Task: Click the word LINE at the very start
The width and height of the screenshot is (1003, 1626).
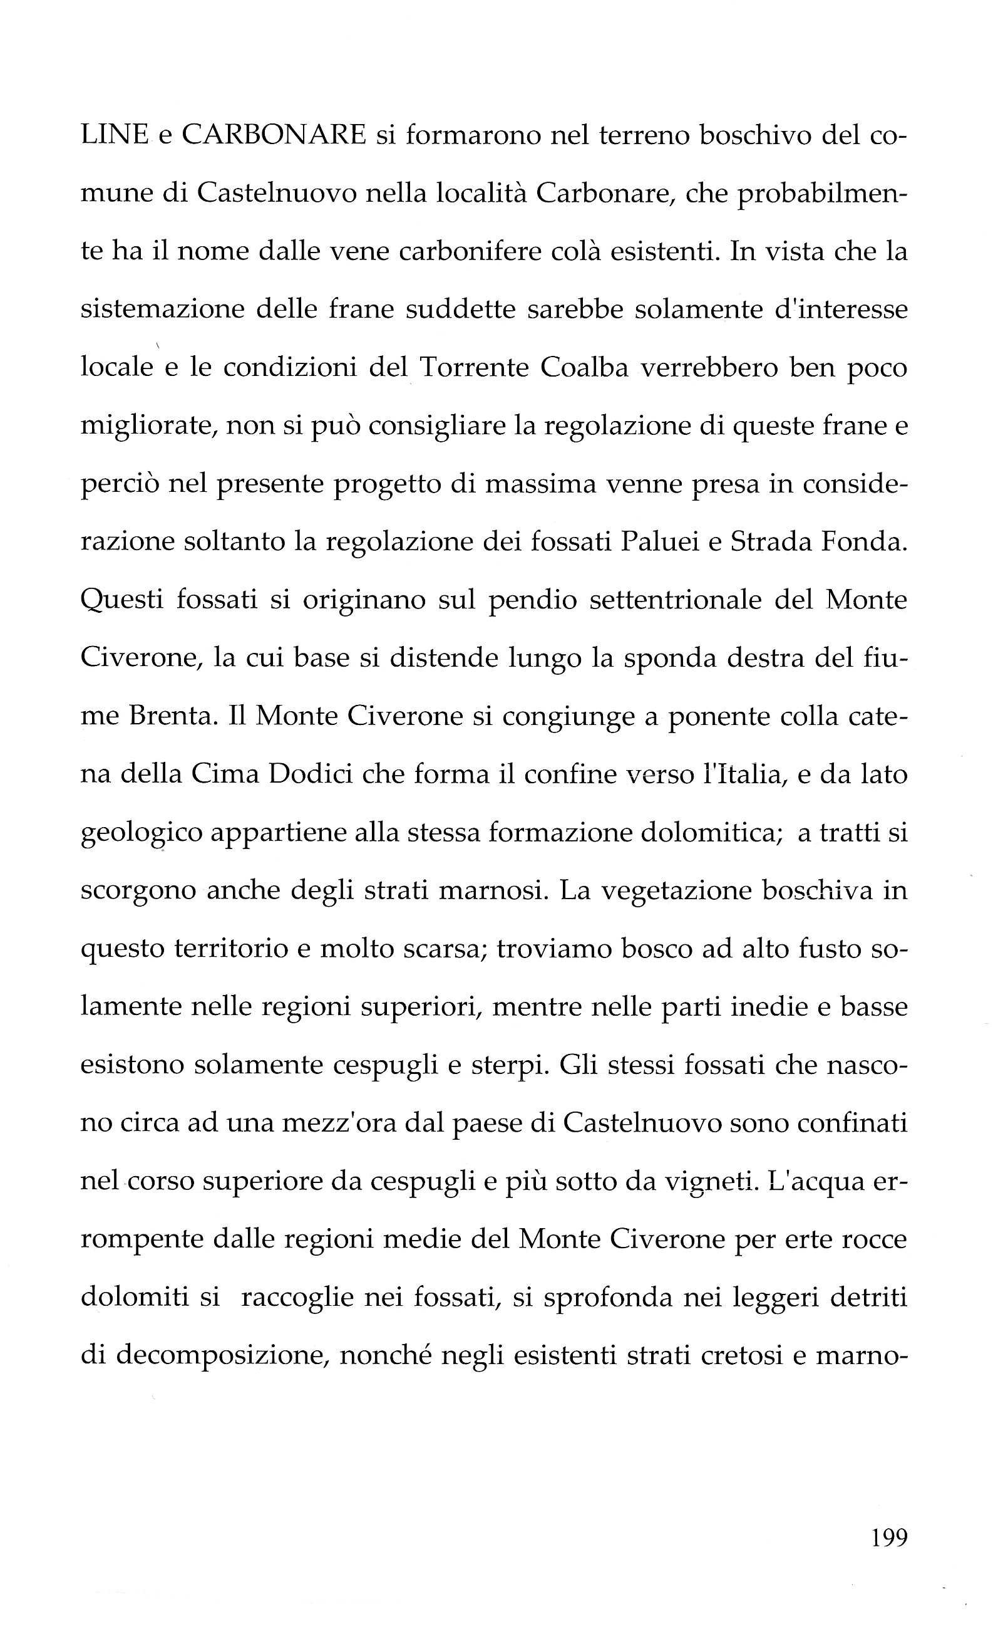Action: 114,135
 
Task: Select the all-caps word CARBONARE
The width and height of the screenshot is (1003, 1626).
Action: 274,135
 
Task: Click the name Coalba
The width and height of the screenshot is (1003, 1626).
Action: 584,368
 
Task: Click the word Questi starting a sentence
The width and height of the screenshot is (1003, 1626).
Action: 122,602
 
